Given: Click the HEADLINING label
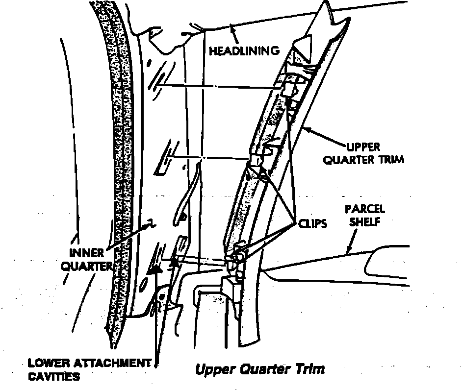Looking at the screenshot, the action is pos(245,50).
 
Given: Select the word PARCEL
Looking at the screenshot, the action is pos(364,209).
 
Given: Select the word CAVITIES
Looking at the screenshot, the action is pos(54,377).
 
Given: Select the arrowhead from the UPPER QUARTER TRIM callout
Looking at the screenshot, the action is pos(307,129).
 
